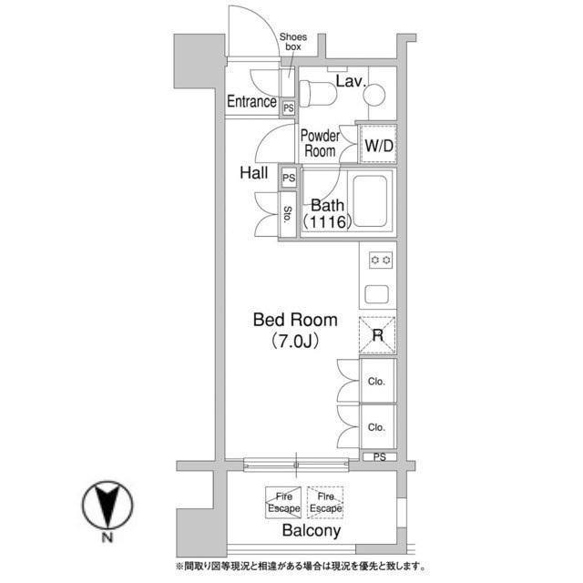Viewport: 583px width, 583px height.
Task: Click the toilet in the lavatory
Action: (318, 93)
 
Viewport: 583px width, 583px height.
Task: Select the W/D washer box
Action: (378, 144)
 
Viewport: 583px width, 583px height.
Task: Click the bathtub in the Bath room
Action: (370, 201)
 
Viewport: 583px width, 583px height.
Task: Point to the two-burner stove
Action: (381, 260)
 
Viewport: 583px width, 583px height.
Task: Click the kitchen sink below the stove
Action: (377, 294)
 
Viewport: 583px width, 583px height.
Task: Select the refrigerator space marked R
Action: (377, 335)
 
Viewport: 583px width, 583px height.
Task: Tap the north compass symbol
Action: (107, 505)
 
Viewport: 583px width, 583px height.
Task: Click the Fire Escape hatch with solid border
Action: (283, 502)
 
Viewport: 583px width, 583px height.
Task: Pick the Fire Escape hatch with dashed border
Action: (325, 502)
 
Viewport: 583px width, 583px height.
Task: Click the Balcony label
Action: (312, 530)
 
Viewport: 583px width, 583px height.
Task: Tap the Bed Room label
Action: (295, 320)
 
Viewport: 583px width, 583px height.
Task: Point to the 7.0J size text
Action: (295, 341)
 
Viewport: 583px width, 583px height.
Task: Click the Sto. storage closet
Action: (288, 215)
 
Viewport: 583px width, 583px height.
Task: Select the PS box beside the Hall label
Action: (289, 178)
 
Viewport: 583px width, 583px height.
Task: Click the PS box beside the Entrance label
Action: (289, 108)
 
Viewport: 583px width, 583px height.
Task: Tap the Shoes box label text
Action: (293, 42)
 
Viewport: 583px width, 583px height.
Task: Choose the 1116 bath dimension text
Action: (327, 222)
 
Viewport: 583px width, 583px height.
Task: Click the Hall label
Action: (254, 173)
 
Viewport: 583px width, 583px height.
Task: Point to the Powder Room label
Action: (320, 144)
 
